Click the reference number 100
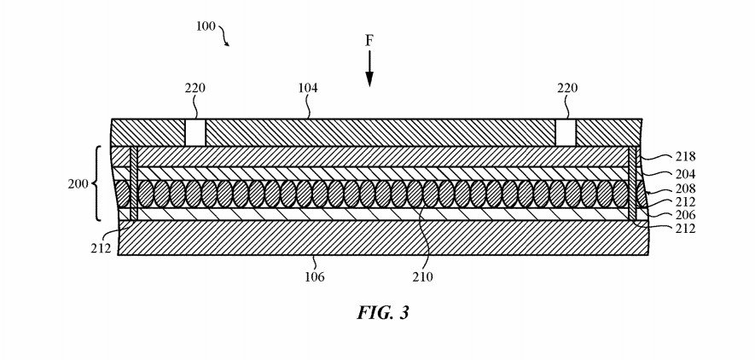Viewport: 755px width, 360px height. pos(205,26)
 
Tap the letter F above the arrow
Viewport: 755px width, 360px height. pos(369,42)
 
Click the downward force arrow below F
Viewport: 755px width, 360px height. pos(369,69)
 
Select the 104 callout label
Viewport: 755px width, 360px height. pos(308,88)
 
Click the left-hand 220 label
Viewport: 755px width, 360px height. pos(195,88)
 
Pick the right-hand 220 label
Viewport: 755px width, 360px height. pos(567,88)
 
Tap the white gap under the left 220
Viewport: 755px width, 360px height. pos(195,133)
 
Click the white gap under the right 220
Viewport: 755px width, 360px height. pos(566,133)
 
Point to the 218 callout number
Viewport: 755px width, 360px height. pos(685,156)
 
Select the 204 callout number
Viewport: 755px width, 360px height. pos(685,174)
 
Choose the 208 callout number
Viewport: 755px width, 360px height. pos(685,189)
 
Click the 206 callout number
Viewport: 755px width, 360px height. pos(685,215)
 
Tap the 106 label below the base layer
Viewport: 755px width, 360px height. pos(315,276)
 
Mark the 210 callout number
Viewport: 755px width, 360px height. pos(423,276)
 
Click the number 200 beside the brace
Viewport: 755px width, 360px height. pos(78,184)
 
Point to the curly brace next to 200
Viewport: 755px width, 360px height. pos(96,183)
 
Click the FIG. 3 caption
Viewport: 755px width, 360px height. pos(383,313)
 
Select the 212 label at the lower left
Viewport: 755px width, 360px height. pos(101,248)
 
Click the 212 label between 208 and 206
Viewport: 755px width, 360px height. pos(685,202)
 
